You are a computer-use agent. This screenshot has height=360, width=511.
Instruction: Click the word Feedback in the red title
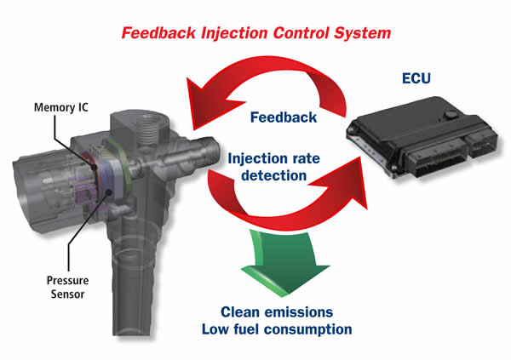[x=158, y=33]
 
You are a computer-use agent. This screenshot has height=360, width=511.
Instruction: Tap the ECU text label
[x=416, y=78]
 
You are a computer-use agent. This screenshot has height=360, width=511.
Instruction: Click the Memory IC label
[x=61, y=107]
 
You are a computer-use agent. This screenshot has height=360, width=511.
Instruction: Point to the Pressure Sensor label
[x=67, y=287]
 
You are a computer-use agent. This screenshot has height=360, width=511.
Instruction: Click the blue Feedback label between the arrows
[x=284, y=117]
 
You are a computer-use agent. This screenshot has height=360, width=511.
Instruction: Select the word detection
[x=273, y=175]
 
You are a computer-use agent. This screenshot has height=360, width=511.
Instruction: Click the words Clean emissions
[x=277, y=312]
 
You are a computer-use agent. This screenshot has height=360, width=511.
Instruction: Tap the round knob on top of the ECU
[x=451, y=115]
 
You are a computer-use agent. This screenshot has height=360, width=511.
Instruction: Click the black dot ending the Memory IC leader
[x=95, y=168]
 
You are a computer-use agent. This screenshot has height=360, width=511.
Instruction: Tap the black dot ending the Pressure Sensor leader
[x=109, y=191]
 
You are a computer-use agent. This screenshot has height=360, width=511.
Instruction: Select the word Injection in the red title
[x=235, y=33]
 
